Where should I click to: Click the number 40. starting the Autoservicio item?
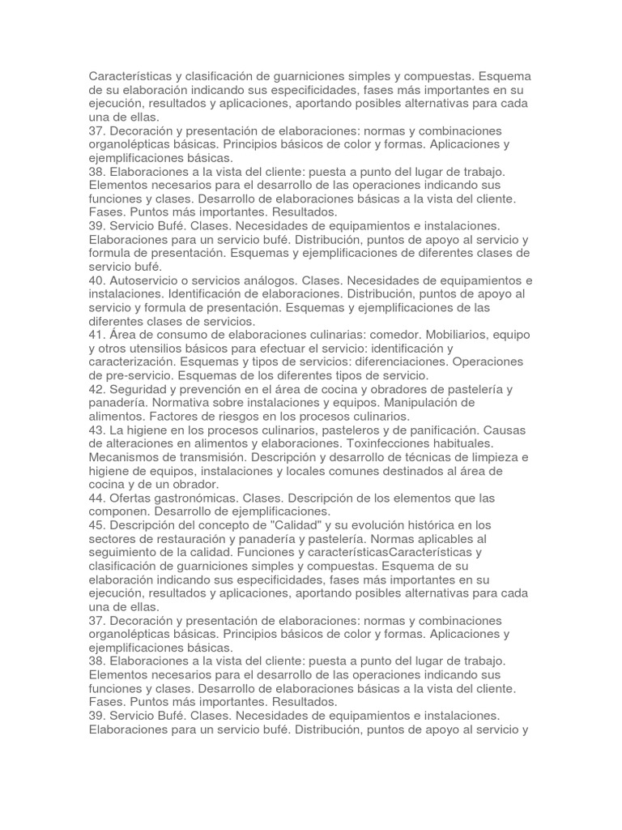coord(98,280)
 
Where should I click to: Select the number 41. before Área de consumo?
coord(98,335)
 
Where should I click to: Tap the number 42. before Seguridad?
coord(98,389)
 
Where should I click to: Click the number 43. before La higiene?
coord(98,430)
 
